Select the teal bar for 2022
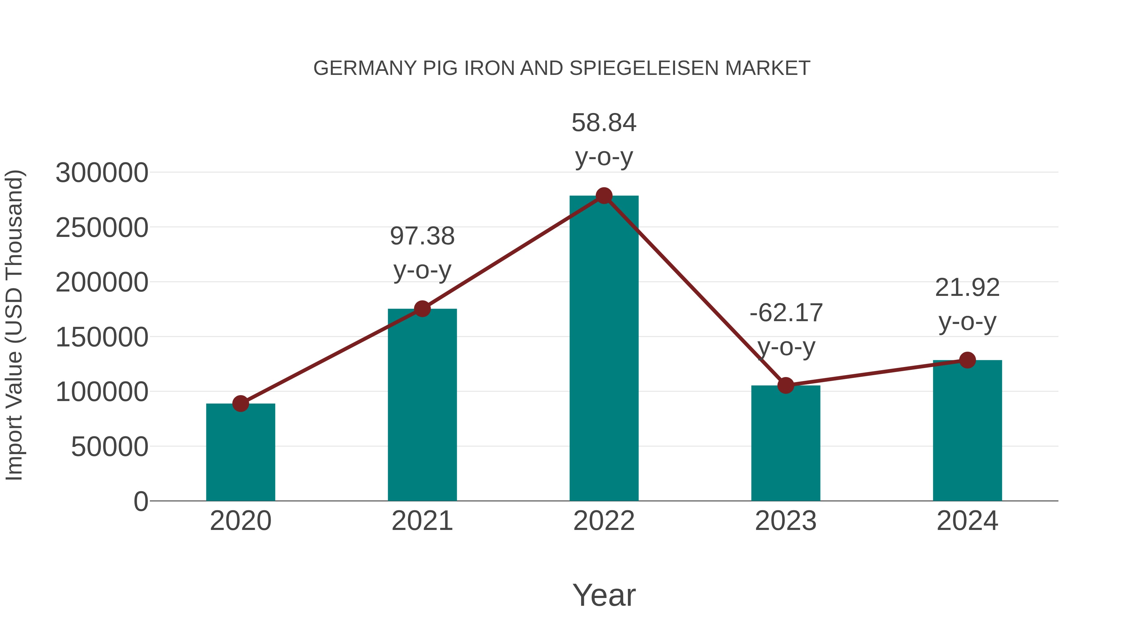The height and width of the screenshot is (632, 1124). coord(604,349)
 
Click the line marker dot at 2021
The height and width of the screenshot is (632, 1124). coord(422,309)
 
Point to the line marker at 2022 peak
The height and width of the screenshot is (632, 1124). coord(604,196)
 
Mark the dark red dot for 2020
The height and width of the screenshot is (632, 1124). coord(240,404)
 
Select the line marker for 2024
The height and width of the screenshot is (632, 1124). coord(967,360)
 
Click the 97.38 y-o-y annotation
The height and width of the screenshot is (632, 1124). coord(422,236)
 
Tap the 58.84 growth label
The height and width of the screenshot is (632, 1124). coord(604,123)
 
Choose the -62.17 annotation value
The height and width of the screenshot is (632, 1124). coord(786,313)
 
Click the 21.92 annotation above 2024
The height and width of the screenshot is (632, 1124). coord(967,288)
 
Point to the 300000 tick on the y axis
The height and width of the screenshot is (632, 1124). coord(102,173)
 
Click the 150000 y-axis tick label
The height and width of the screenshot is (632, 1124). coord(102,337)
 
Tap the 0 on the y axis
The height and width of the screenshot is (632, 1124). coord(140,501)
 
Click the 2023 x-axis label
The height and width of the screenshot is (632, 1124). coord(786,521)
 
